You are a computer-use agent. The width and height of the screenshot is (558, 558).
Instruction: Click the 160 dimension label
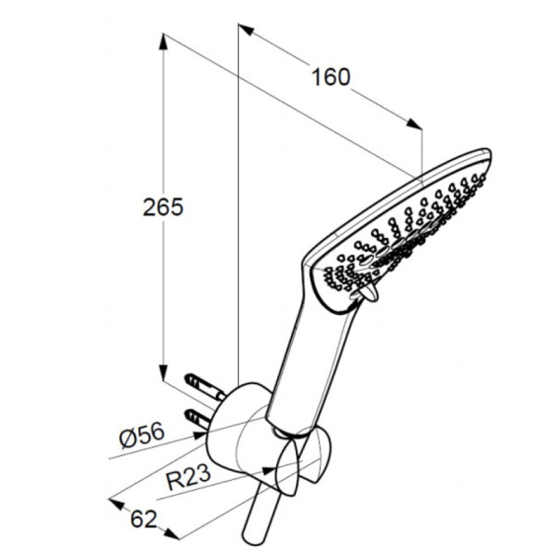(x=331, y=77)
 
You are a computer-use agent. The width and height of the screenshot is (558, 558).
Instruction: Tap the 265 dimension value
(x=163, y=206)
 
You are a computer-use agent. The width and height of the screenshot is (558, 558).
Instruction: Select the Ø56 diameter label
(x=142, y=435)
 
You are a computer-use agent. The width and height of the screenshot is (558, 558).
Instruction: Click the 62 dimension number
(x=143, y=519)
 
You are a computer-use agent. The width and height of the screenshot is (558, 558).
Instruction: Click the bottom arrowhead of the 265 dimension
(x=164, y=372)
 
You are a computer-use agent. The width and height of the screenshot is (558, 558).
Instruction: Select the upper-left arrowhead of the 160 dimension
(x=246, y=29)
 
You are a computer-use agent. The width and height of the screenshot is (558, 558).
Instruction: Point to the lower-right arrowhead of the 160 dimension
(x=414, y=124)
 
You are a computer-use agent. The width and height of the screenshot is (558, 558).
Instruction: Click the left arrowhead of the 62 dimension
(x=117, y=503)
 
